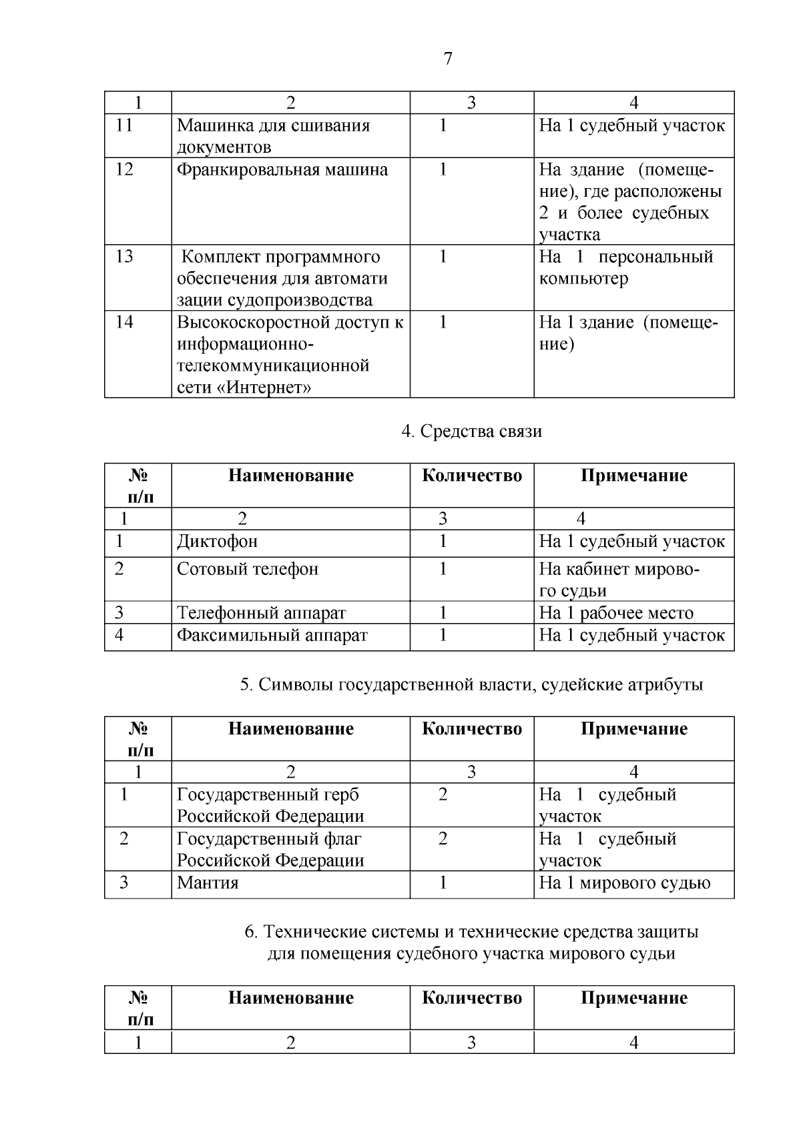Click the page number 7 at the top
(447, 59)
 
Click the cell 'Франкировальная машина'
(282, 169)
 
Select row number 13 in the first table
(124, 257)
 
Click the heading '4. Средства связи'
(471, 432)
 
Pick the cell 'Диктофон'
(217, 541)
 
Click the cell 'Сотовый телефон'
(248, 569)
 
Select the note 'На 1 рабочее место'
(616, 612)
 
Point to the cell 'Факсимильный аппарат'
(272, 635)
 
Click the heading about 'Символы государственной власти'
(471, 684)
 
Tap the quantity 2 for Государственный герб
(443, 794)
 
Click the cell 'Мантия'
(208, 883)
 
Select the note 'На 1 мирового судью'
(625, 883)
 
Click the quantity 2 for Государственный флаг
(443, 838)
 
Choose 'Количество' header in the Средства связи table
(472, 476)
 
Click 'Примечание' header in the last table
(633, 998)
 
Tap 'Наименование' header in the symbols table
(290, 728)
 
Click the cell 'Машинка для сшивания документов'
(273, 136)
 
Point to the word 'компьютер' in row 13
(583, 278)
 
